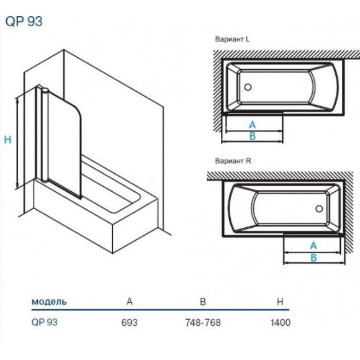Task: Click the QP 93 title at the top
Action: [24, 22]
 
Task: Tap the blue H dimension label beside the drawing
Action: [7, 140]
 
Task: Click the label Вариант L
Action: [232, 39]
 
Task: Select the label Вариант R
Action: [233, 161]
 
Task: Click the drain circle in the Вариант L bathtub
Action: [248, 87]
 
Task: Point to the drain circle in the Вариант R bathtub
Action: [319, 209]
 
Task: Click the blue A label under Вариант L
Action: [253, 125]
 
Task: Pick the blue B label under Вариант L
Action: [253, 136]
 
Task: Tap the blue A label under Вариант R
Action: [313, 246]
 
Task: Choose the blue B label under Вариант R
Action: [313, 258]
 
